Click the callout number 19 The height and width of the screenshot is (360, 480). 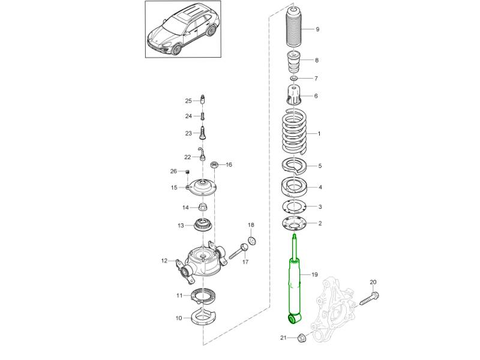tap(314, 275)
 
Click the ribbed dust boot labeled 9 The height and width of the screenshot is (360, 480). tap(294, 30)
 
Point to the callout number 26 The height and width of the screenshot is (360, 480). tap(173, 172)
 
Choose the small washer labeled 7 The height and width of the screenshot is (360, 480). tap(293, 79)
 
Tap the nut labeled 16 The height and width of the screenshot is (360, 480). tap(214, 164)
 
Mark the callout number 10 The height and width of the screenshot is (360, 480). tap(179, 318)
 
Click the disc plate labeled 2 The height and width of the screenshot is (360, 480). tap(294, 224)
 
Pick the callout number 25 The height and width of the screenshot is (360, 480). tap(188, 100)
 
